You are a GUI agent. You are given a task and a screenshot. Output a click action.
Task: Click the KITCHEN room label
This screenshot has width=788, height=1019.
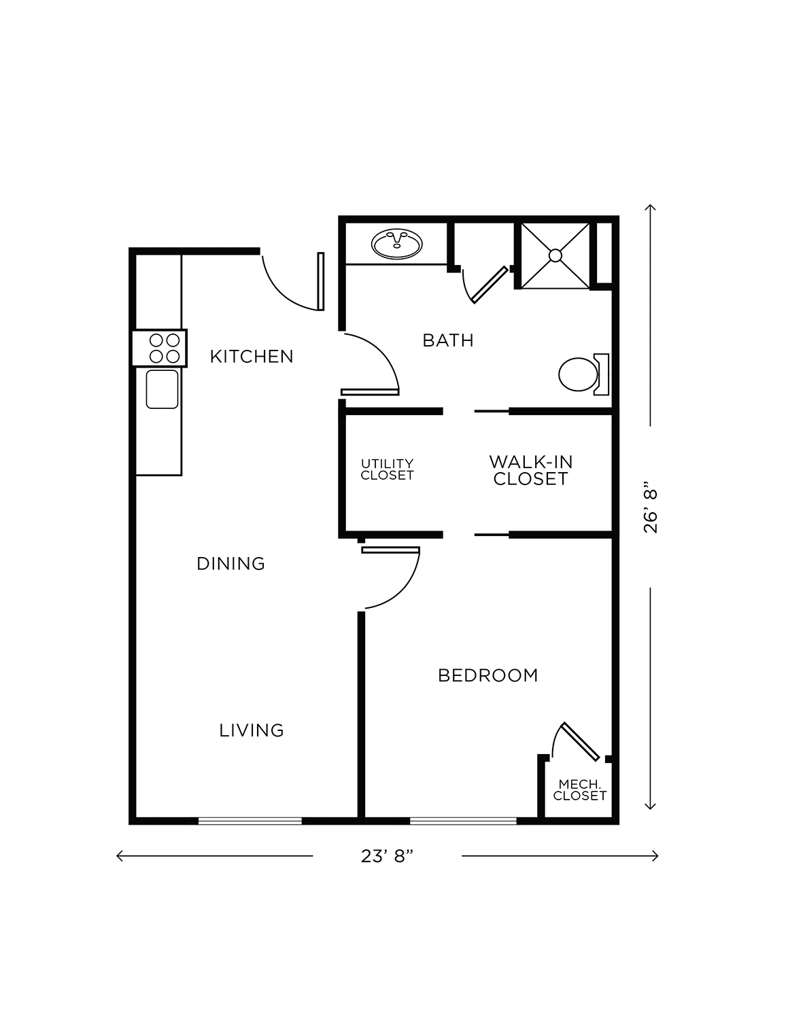pos(252,357)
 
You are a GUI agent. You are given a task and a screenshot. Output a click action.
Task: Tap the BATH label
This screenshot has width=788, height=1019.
pos(448,340)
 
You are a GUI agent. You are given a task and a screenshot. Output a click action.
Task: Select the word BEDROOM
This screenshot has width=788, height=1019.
pos(488,676)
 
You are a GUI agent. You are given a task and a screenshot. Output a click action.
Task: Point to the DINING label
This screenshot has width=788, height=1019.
pos(231,564)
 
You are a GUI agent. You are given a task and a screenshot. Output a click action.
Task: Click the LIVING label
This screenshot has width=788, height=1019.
pos(252,730)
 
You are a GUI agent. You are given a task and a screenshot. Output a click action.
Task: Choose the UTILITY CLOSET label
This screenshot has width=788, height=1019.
pos(387,469)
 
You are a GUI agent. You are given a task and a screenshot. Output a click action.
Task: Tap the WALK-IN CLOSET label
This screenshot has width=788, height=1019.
pos(531,470)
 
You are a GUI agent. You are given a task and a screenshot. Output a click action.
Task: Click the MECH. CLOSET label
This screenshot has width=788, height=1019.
pos(580,790)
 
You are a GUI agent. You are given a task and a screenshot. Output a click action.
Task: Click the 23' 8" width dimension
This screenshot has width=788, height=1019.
pos(387,856)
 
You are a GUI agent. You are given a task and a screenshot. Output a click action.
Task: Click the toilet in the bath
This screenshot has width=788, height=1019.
pos(584,374)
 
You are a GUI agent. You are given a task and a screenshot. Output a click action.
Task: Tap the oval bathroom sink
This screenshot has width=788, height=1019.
pos(397,244)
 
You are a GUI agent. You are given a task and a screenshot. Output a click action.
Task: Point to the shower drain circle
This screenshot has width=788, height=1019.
pos(555,255)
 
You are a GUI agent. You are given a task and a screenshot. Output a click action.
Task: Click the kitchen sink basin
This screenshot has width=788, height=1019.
pos(162,389)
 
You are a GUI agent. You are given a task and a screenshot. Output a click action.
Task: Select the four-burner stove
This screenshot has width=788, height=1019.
pos(160,348)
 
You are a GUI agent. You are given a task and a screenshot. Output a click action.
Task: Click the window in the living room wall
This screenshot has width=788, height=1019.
pos(250,821)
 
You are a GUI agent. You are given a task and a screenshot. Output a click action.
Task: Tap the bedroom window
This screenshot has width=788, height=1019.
pos(463,821)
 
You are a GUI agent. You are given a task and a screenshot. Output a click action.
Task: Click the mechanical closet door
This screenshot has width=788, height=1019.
pos(581,741)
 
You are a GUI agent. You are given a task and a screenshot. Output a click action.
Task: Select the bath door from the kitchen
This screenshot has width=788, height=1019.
pos(371,364)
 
